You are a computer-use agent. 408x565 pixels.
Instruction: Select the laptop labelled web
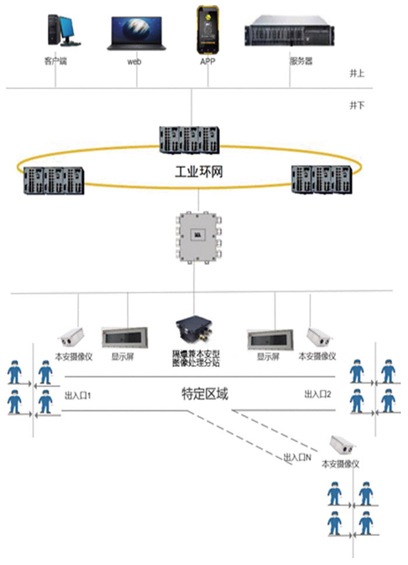tap(135, 33)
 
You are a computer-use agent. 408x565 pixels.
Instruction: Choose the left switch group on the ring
tap(50, 180)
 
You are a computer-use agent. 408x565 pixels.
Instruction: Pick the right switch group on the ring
tap(322, 178)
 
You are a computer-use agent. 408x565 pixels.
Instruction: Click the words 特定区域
tap(203, 395)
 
